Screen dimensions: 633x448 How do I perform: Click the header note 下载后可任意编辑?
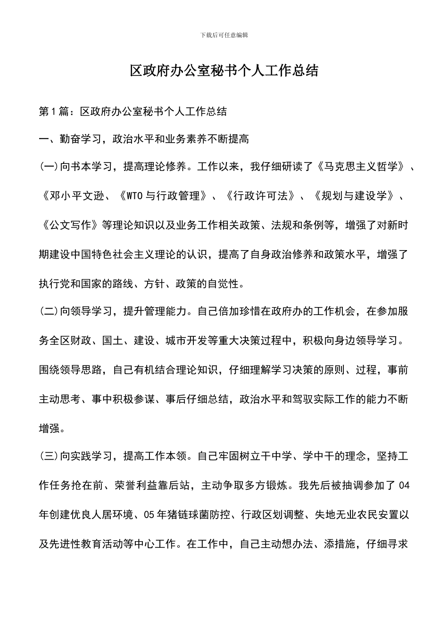(224, 35)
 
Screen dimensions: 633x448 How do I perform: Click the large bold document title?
(224, 71)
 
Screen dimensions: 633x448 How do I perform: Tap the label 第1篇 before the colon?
(53, 112)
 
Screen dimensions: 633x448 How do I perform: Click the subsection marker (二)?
(49, 311)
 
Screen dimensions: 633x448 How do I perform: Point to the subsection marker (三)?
(49, 456)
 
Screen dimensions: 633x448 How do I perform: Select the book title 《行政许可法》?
(261, 196)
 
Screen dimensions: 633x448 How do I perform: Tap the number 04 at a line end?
(403, 486)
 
